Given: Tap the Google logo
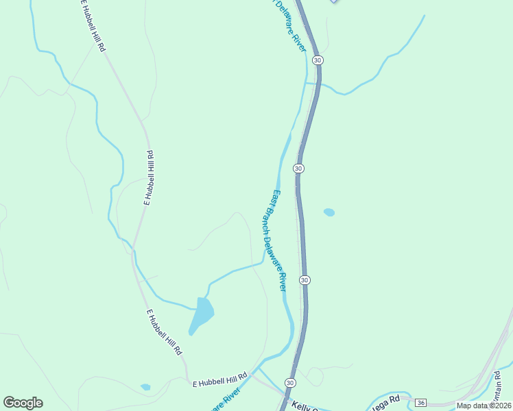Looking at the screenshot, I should tap(23, 403).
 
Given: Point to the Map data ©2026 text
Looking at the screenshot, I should tap(484, 406).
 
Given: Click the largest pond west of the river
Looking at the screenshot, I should tap(202, 313).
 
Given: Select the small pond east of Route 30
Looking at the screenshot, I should tap(329, 212).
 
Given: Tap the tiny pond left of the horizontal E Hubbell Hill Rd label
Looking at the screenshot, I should tap(145, 387).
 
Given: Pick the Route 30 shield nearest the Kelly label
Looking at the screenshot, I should tap(290, 382).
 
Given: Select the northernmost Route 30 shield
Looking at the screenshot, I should tap(317, 60).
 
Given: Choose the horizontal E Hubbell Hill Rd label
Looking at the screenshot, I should tap(219, 379).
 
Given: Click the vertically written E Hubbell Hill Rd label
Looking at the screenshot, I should tap(148, 178).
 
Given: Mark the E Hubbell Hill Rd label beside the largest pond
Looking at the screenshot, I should tap(165, 332).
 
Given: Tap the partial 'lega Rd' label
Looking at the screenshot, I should tap(385, 399).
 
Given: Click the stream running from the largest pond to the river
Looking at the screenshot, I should tap(233, 271).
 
